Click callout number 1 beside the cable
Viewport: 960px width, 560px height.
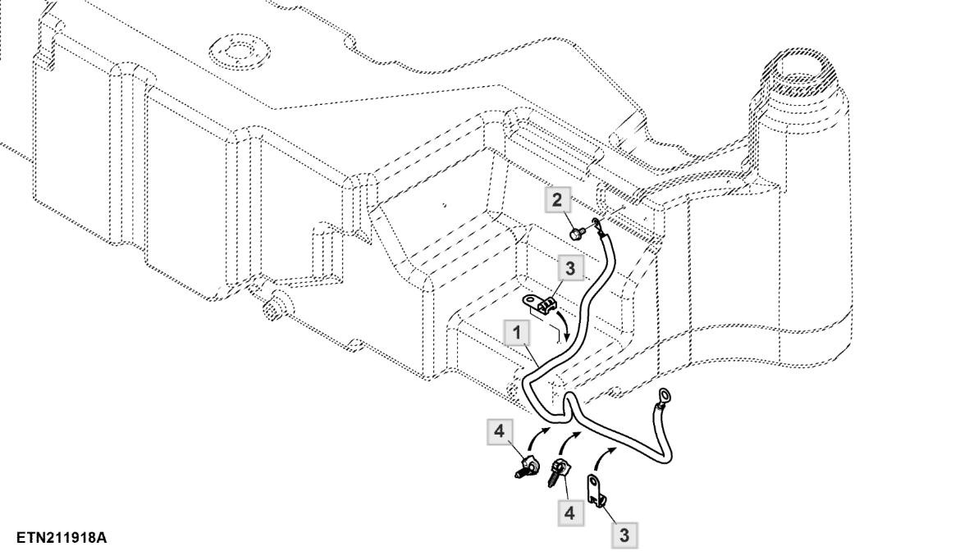pyautogui.click(x=517, y=333)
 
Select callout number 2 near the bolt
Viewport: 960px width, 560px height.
pyautogui.click(x=559, y=200)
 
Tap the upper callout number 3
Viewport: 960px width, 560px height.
pyautogui.click(x=569, y=268)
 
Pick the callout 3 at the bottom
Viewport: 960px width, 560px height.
pyautogui.click(x=624, y=536)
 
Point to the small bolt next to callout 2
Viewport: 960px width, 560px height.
pyautogui.click(x=577, y=233)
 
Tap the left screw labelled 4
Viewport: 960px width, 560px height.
pyautogui.click(x=527, y=471)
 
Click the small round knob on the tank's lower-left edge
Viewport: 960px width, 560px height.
pyautogui.click(x=271, y=307)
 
